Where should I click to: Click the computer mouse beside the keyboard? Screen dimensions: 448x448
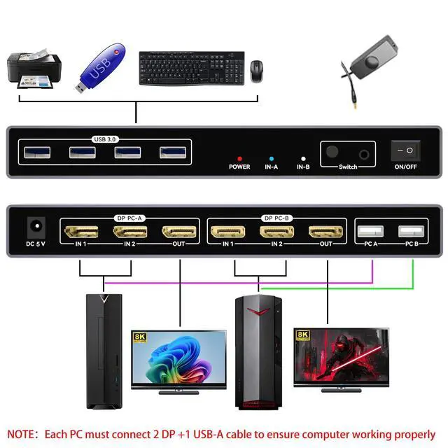[257, 69]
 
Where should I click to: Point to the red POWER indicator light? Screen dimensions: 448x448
[239, 159]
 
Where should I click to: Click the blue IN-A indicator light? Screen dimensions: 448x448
[272, 159]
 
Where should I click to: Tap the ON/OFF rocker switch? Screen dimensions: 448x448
[404, 150]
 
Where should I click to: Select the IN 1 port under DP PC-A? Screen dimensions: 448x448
[80, 230]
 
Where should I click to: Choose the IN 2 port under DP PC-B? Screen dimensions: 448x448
[276, 230]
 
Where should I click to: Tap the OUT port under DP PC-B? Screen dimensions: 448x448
[325, 230]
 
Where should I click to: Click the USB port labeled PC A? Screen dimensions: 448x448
[371, 231]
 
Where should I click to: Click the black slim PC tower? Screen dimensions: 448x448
[102, 350]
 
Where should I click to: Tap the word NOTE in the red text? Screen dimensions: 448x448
[23, 434]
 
